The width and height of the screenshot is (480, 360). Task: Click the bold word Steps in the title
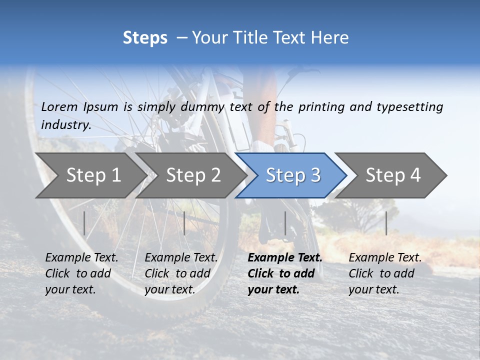click(145, 38)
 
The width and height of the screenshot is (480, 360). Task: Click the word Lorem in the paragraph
click(59, 106)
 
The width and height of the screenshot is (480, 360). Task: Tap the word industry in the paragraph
click(65, 124)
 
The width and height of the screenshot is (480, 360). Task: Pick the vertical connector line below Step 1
click(84, 223)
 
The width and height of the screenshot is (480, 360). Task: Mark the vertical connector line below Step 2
click(184, 223)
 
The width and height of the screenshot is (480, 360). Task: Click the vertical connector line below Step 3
click(285, 223)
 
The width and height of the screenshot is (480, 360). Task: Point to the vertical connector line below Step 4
click(386, 223)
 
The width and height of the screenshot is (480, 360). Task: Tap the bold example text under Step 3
click(284, 273)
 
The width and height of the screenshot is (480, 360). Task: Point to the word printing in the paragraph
click(321, 106)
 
